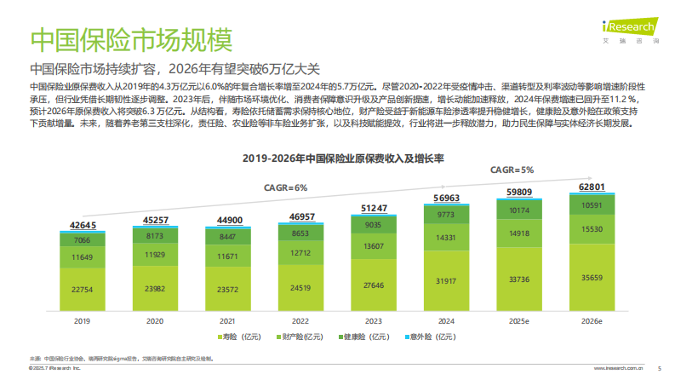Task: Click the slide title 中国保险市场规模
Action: click(130, 40)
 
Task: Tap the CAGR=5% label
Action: click(512, 170)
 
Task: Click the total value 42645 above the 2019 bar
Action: click(83, 225)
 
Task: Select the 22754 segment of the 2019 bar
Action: click(83, 290)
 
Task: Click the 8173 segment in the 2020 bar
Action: click(155, 235)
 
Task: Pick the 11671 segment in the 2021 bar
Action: click(228, 256)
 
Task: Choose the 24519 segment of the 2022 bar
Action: click(300, 287)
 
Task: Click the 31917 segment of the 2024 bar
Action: click(445, 280)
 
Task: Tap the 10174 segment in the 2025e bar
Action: click(518, 210)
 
